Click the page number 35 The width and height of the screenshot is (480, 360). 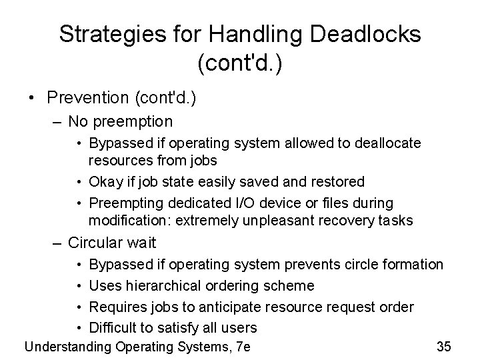coord(444,346)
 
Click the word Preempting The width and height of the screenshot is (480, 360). coord(121,203)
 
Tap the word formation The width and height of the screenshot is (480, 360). coord(415,265)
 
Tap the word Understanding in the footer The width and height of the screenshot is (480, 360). coord(68,346)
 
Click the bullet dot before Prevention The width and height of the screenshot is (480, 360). coord(31,97)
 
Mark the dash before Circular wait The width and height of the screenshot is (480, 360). coord(59,243)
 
